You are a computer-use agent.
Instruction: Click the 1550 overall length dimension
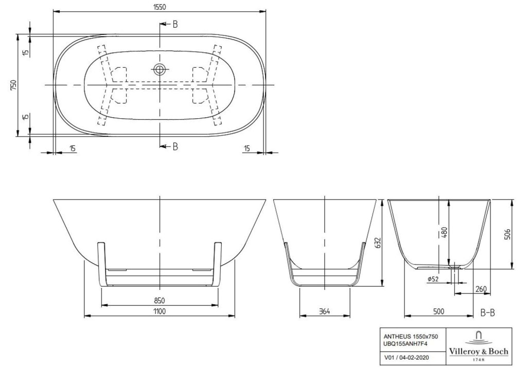(160, 7)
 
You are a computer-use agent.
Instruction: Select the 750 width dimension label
(13, 85)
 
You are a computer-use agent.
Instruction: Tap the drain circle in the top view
(160, 70)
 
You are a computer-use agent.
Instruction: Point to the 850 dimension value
(160, 301)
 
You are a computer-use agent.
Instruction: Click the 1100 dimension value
(160, 311)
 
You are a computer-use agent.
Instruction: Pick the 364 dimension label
(325, 311)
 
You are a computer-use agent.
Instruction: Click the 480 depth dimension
(444, 233)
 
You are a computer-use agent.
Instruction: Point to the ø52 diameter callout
(433, 279)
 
